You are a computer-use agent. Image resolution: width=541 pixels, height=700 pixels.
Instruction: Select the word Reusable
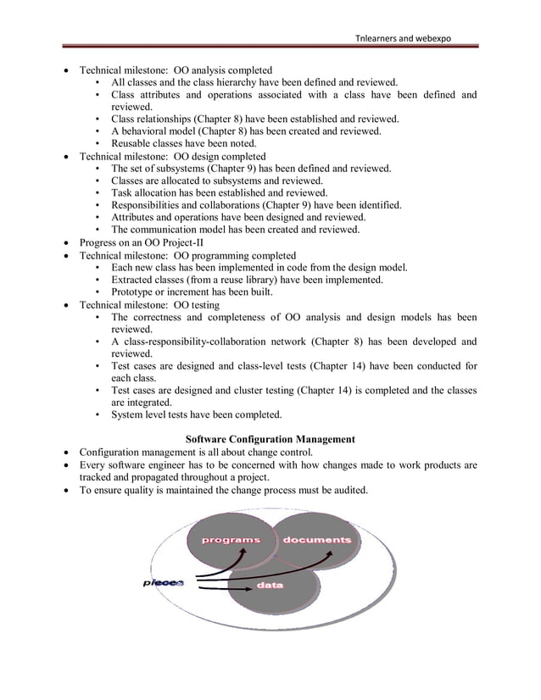pos(133,144)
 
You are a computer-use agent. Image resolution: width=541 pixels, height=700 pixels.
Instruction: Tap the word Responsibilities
pos(149,205)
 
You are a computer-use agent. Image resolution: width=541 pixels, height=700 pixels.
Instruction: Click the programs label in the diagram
pos(229,540)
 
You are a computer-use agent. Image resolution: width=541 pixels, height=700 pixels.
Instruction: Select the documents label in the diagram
pos(317,540)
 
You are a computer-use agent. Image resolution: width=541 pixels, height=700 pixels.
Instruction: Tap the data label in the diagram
pos(270,586)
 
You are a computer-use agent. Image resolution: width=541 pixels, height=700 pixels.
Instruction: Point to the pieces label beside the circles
pos(163,582)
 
